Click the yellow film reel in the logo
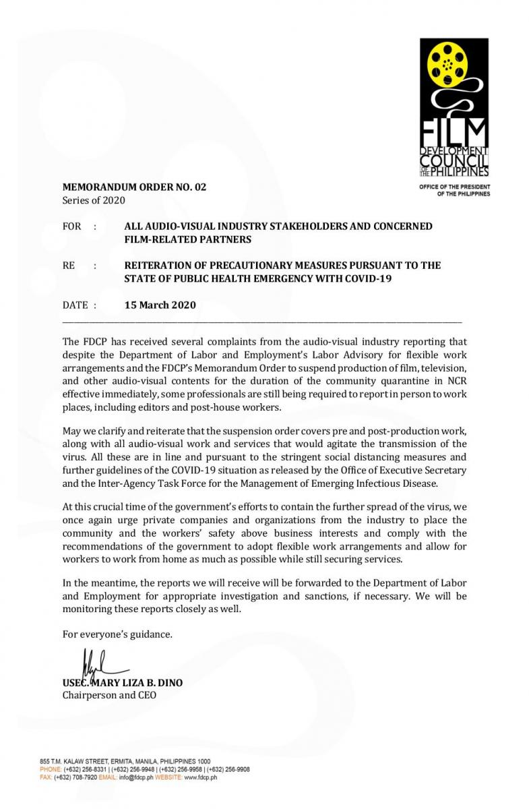pos(447,64)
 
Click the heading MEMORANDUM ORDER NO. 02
pos(134,187)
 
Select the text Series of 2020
pos(94,200)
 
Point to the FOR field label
pos(72,227)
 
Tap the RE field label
pos(69,266)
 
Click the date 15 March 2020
pos(160,305)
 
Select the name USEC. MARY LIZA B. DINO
pos(122,682)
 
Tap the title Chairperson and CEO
pos(109,695)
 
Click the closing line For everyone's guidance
pos(117,634)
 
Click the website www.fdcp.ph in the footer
pos(200,777)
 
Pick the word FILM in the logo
pos(454,133)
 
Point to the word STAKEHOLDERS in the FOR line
pos(288,227)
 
